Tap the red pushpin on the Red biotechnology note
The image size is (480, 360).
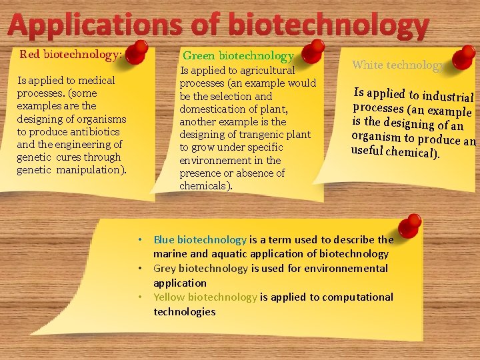(x=138, y=51)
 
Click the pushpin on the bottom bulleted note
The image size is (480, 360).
(x=411, y=225)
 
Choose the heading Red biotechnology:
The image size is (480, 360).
(x=71, y=54)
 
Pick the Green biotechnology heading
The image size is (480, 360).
(x=238, y=55)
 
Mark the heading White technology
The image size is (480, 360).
(x=397, y=65)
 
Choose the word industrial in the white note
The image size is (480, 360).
(x=448, y=97)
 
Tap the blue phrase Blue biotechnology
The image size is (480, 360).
(x=200, y=239)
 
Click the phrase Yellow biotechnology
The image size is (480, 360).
(x=205, y=297)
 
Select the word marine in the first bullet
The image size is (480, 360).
(x=170, y=254)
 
